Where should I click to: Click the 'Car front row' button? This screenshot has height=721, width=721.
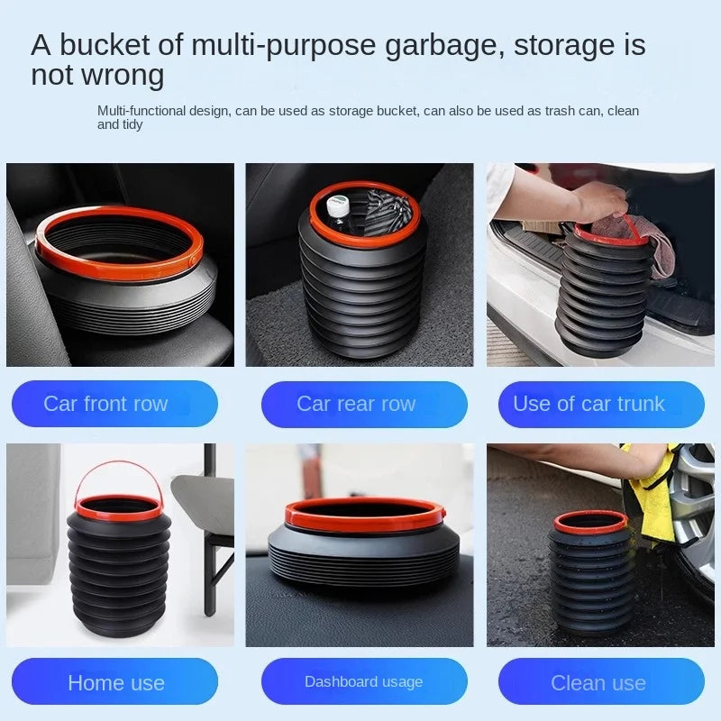pos(114,404)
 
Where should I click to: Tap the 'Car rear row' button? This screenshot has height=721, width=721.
pos(364,404)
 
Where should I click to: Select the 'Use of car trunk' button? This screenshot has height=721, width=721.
pos(601,404)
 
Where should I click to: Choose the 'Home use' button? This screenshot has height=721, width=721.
pos(114,681)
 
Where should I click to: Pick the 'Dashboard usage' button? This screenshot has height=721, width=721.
pos(364,681)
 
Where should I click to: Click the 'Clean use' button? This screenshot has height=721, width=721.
pos(601,681)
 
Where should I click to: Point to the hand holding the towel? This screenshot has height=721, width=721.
pos(598,201)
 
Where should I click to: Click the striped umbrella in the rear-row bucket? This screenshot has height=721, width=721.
pos(386,209)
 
